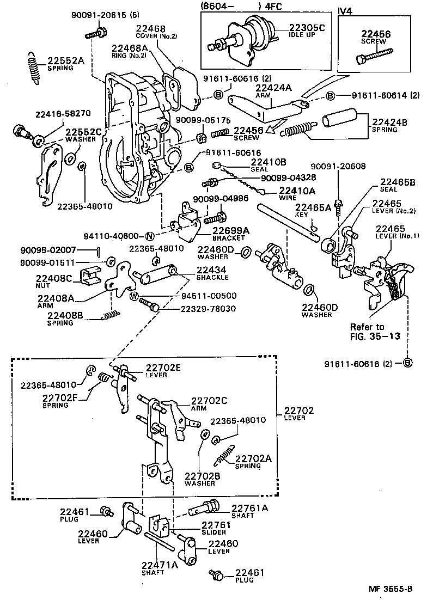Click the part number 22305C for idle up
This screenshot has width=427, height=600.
[306, 28]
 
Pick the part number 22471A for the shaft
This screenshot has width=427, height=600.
[160, 565]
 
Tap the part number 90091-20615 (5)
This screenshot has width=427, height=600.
[101, 16]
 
